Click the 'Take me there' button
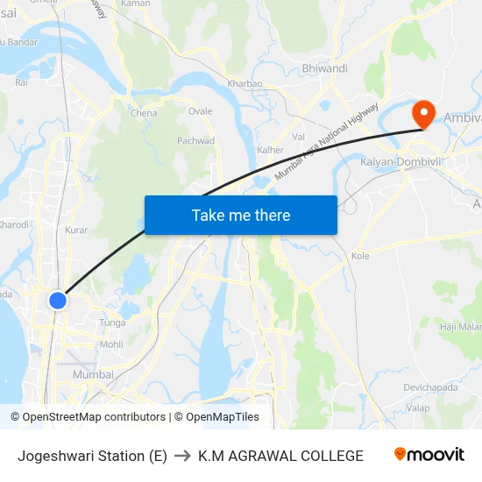[x=240, y=215]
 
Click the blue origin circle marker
[x=58, y=301]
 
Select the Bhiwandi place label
[x=324, y=68]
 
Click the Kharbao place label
[x=245, y=84]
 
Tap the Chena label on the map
[x=144, y=113]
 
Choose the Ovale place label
[x=200, y=111]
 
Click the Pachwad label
[x=195, y=140]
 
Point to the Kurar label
[x=76, y=230]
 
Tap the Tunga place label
[x=112, y=323]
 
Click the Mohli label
[x=111, y=344]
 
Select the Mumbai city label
[x=93, y=374]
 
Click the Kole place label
[x=360, y=256]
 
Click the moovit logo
[x=429, y=455]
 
